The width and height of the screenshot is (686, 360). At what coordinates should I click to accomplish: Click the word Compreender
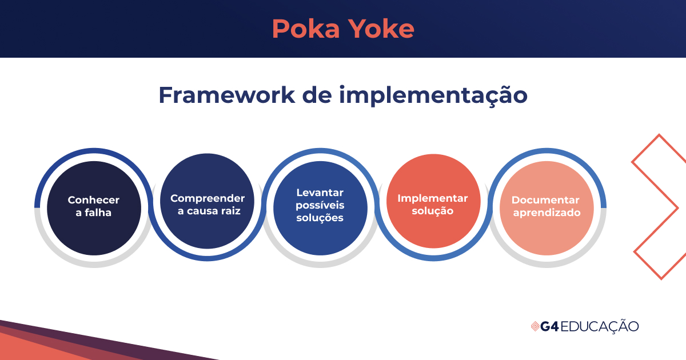(208, 198)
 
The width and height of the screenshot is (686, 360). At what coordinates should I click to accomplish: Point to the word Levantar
(320, 193)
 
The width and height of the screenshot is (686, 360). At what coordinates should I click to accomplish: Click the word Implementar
(433, 198)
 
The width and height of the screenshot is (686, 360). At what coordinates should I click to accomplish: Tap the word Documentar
(545, 200)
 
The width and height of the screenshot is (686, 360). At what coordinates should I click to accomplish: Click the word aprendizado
(547, 213)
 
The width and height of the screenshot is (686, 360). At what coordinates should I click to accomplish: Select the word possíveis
(320, 205)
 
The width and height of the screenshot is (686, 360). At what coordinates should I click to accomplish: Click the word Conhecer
(94, 200)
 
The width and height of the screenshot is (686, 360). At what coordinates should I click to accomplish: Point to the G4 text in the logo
(549, 326)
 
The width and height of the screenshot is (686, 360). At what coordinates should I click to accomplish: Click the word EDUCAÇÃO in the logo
(600, 326)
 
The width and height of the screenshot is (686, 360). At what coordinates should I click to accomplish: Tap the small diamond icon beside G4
(535, 326)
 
